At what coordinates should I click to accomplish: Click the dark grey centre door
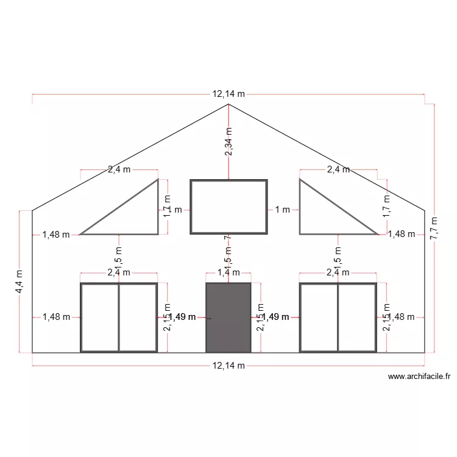coord(228,317)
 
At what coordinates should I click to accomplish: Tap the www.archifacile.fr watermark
coord(418,377)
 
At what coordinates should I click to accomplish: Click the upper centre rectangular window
coord(228,207)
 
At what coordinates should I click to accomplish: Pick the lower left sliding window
coord(119,317)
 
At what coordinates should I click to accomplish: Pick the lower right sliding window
coord(338,317)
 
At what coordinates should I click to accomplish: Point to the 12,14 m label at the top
coord(228,94)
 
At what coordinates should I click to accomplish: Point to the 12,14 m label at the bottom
coord(228,366)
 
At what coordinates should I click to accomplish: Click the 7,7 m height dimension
coord(434,228)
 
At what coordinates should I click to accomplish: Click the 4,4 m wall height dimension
coord(20,282)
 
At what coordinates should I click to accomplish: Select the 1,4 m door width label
coord(228,273)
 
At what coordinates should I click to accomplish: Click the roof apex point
coord(228,104)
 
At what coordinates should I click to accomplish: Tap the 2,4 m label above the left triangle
coord(119,170)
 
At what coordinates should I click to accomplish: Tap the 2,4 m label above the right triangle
coord(338,170)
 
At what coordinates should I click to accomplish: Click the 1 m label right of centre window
coord(282,210)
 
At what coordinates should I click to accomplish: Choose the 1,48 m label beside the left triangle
coord(56,234)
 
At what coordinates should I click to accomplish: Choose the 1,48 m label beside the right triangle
coord(401,234)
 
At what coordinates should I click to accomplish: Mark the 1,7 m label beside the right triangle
coord(386,207)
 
